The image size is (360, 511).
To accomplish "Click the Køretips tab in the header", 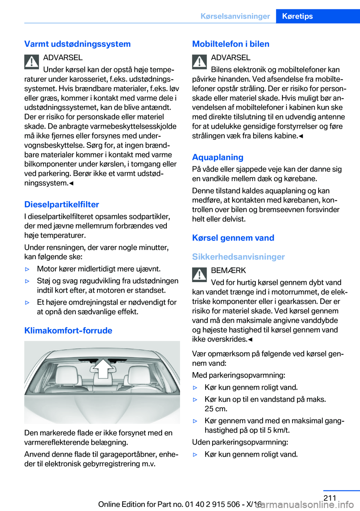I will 297,16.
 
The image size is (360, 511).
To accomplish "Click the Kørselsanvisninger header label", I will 235,16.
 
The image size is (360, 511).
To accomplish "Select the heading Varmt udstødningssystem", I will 78,44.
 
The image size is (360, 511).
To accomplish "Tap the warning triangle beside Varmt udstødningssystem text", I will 32,62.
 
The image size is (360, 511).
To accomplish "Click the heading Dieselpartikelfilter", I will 61,204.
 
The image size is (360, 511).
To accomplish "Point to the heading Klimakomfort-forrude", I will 68,331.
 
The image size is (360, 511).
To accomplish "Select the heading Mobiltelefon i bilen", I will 231,44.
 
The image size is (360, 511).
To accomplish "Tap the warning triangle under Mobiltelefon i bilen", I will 199,62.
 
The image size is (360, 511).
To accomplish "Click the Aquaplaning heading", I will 217,157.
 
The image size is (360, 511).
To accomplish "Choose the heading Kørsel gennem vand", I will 233,238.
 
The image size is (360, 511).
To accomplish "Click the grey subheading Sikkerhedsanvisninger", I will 238,257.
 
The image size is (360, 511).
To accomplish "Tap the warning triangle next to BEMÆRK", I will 199,275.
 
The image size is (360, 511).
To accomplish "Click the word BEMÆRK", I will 228,271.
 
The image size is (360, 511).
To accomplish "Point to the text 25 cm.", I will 216,409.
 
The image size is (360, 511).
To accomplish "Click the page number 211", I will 330,498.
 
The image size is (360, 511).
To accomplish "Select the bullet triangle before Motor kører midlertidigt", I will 27,269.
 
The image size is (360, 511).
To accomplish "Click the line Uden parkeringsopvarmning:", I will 240,442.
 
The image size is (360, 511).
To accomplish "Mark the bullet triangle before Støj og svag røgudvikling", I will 27,281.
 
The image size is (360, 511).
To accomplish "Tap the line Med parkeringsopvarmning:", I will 238,375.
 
